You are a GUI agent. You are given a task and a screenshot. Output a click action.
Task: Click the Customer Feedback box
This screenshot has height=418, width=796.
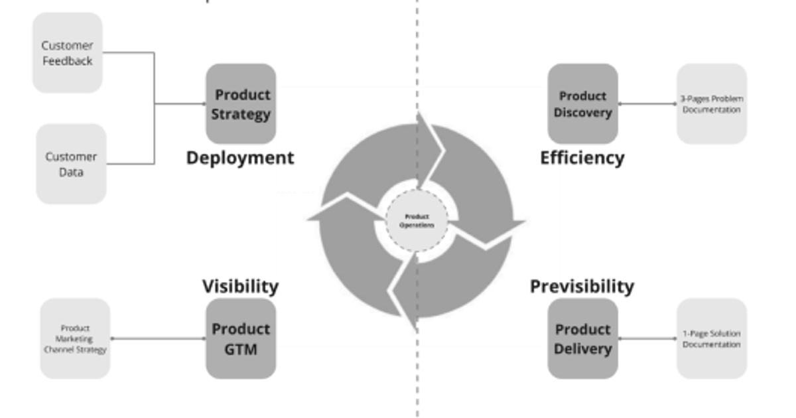[x=68, y=53]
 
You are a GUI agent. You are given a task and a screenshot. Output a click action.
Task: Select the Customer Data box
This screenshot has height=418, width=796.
[x=71, y=164]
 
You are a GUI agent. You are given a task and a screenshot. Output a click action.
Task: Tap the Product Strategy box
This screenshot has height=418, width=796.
[x=241, y=104]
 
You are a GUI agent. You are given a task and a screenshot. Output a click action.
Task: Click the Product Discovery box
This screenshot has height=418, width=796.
[x=582, y=104]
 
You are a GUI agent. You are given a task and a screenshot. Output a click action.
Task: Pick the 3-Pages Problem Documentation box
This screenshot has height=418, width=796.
[x=711, y=104]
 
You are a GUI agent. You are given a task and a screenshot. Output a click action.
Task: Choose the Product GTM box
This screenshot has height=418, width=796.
[x=241, y=338]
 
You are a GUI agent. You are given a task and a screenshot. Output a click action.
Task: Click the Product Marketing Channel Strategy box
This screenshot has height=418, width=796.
[x=75, y=338]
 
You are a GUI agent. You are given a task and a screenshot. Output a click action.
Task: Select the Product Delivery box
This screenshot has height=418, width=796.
[x=582, y=338]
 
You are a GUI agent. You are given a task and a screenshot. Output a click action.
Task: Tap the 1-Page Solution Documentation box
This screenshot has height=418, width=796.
[x=711, y=339]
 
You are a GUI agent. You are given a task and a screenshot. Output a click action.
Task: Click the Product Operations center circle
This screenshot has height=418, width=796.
[x=417, y=221]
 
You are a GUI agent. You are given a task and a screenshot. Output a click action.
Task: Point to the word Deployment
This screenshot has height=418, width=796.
[x=239, y=158]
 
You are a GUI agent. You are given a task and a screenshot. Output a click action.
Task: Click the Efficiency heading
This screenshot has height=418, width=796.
[x=582, y=158]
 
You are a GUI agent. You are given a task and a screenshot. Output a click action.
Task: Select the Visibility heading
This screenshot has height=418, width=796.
[x=240, y=287]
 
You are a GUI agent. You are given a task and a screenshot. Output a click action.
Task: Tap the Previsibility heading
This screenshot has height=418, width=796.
[x=582, y=287]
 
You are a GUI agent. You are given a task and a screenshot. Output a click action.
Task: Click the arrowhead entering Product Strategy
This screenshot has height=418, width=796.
[x=202, y=104]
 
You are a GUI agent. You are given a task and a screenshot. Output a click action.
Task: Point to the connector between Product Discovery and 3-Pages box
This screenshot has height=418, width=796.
[x=647, y=104]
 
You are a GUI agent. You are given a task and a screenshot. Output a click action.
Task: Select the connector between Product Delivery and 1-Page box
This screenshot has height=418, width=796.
[x=647, y=338]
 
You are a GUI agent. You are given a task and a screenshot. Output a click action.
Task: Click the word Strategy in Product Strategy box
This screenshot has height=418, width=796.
[x=241, y=114]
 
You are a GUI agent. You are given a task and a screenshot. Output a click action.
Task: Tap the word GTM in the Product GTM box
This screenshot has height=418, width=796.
[x=241, y=348]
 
